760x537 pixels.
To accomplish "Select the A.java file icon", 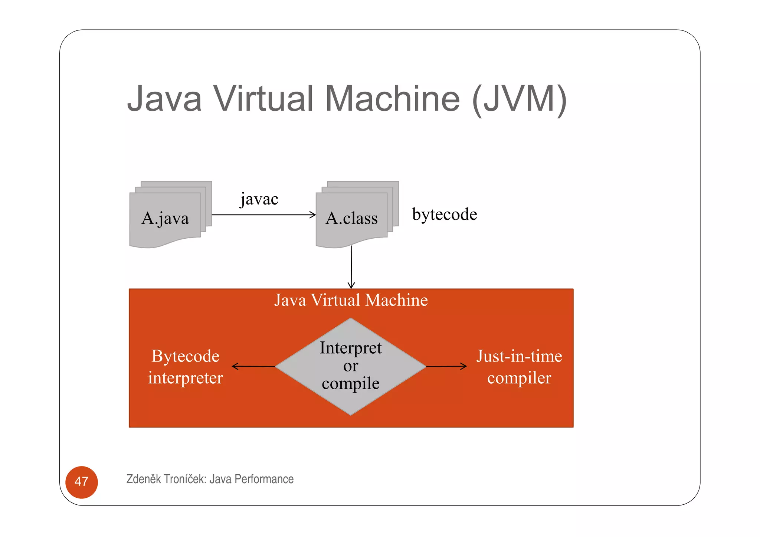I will tap(166, 218).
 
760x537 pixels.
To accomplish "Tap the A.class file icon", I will tap(352, 218).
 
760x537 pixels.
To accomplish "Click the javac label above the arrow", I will tap(259, 199).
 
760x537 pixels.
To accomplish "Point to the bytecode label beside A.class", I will tap(445, 214).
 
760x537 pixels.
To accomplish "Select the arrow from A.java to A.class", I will tap(263, 215).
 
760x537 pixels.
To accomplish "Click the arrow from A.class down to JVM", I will tap(351, 267).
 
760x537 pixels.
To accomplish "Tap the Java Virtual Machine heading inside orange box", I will tap(351, 300).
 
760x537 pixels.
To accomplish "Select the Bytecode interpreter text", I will tap(185, 367).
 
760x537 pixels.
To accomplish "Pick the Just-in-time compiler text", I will tap(519, 367).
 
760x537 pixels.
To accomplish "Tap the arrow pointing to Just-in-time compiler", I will tap(446, 366).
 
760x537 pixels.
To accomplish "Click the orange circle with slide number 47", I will tap(81, 482).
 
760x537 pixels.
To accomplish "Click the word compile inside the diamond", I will tap(351, 383).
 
